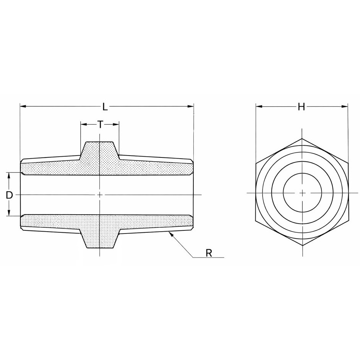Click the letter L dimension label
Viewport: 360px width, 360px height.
point(105,107)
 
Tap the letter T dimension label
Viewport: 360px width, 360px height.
point(100,125)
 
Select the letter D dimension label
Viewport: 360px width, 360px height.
point(9,195)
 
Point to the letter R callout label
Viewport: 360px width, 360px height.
point(209,253)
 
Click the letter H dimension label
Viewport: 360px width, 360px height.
point(301,107)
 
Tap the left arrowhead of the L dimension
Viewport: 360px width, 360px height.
point(23,106)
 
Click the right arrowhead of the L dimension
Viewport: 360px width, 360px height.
point(191,106)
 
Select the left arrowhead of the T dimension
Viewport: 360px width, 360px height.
point(83,125)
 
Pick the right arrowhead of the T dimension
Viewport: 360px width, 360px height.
point(116,125)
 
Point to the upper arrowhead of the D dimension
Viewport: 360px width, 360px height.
point(9,175)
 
